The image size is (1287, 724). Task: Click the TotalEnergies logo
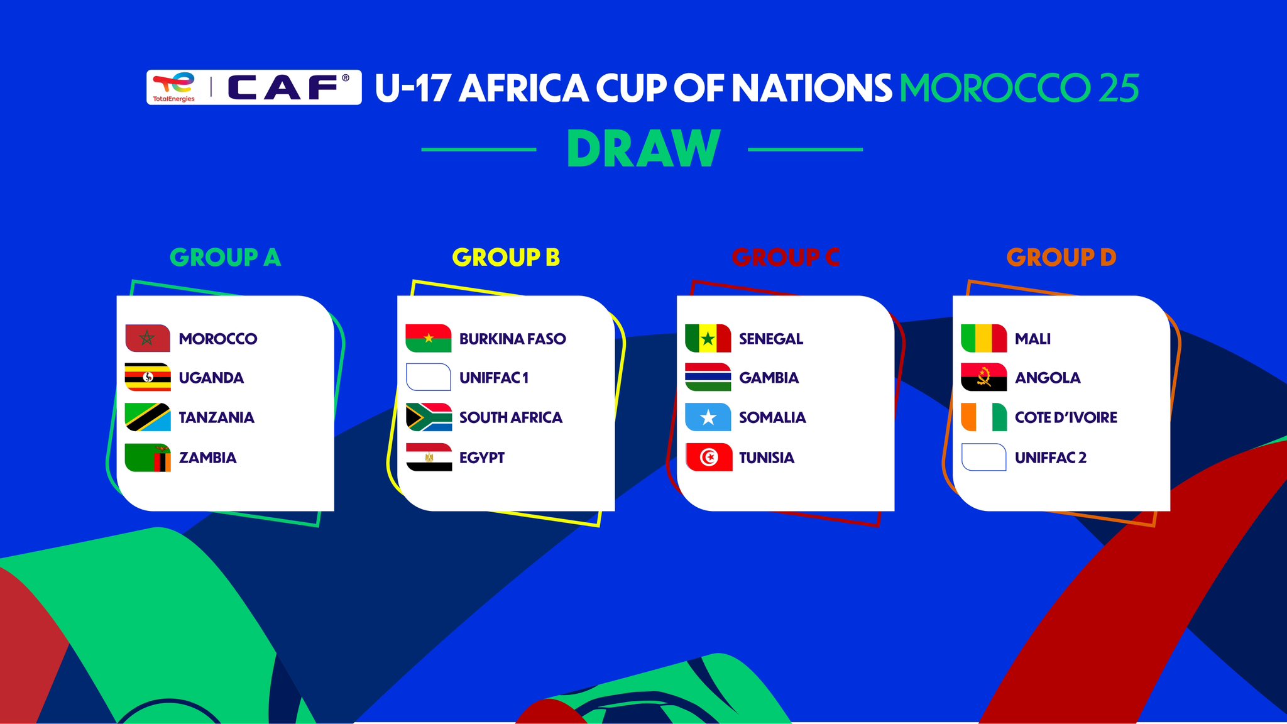tap(174, 87)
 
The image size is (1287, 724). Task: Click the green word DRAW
tap(643, 148)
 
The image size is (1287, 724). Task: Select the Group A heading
tap(225, 257)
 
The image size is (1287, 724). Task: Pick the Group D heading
tap(1061, 257)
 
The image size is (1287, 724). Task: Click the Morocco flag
tap(148, 338)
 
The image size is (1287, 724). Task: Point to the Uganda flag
tap(148, 377)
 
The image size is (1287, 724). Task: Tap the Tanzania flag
tap(148, 417)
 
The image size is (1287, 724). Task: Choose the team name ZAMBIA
tap(207, 458)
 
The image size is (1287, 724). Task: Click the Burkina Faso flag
tap(429, 338)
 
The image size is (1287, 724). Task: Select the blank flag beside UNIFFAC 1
tap(429, 377)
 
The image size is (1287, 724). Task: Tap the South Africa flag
tap(429, 417)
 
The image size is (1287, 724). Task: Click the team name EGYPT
tap(482, 458)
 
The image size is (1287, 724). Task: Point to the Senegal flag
tap(708, 338)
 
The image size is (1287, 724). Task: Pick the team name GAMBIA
tap(769, 378)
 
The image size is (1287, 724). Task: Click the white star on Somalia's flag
tap(708, 417)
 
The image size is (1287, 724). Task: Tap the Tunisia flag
tap(708, 457)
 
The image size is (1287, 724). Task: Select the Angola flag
tap(984, 377)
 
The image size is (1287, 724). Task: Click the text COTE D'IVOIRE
tap(1066, 417)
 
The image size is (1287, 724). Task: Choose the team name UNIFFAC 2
tap(1051, 458)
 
